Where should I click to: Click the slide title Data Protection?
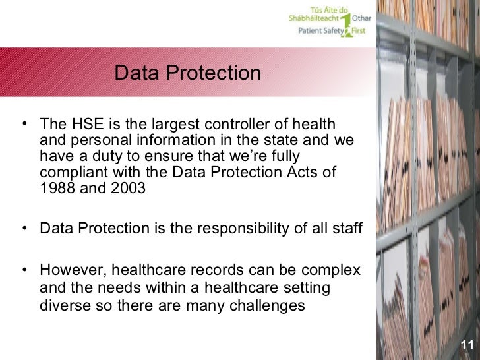pos(188,73)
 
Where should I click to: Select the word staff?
pos(347,229)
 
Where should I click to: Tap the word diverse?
pos(63,306)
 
